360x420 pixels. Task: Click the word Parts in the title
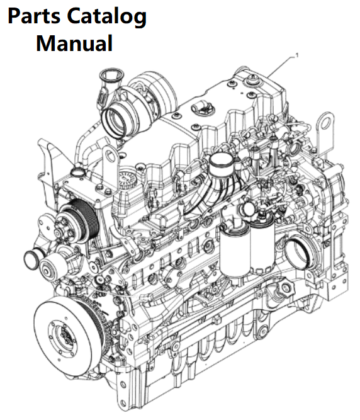coord(34,16)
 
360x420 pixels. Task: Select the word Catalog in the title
coord(106,17)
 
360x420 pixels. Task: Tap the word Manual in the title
coord(74,43)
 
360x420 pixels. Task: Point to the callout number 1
coord(296,55)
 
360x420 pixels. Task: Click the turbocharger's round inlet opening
coord(114,122)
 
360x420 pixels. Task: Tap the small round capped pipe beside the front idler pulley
coord(31,259)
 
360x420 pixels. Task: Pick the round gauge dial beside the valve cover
coord(127,179)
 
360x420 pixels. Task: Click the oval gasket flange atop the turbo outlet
coord(111,76)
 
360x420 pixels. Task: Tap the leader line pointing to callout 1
coord(281,66)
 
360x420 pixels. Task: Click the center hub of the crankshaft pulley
coord(64,336)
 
